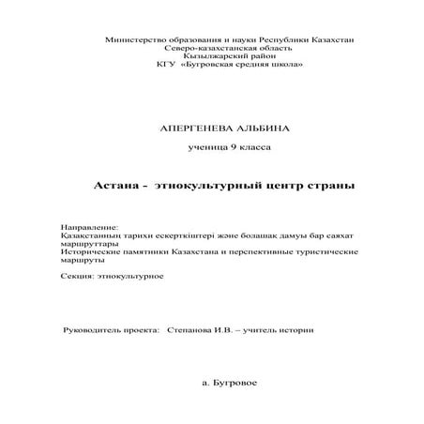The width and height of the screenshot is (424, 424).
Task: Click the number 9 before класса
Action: click(x=223, y=149)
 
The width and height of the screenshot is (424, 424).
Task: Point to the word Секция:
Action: click(x=78, y=277)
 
